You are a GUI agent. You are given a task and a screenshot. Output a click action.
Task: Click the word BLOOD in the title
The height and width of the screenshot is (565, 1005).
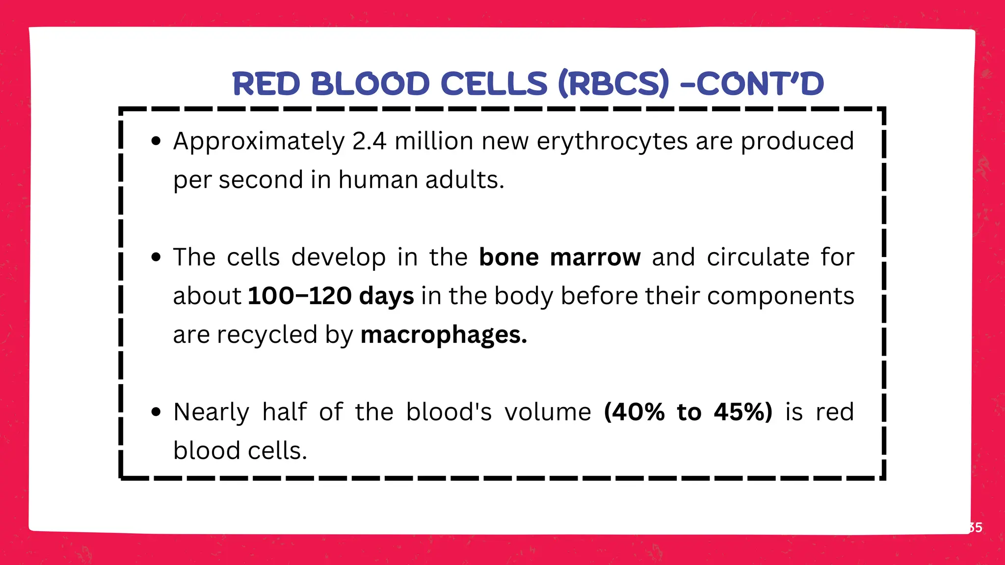(x=370, y=83)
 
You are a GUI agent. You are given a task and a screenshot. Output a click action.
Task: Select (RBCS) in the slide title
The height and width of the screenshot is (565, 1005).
(x=613, y=83)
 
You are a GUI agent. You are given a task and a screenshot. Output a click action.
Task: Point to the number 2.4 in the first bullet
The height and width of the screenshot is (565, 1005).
(x=369, y=141)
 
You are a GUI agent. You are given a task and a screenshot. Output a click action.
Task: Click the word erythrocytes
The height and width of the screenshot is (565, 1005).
(x=612, y=142)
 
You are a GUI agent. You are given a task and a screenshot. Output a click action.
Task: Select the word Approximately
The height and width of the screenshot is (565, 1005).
(x=259, y=142)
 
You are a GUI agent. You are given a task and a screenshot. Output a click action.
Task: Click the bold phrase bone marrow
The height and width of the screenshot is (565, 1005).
(x=559, y=257)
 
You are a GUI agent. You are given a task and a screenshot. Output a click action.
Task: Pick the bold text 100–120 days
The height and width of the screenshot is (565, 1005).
(x=331, y=296)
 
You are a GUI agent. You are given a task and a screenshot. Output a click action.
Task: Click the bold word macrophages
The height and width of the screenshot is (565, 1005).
(x=443, y=335)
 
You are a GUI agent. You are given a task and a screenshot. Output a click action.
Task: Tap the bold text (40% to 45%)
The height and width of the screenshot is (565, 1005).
(x=688, y=412)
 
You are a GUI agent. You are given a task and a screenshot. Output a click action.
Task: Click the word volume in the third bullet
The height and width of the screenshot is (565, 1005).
(x=548, y=412)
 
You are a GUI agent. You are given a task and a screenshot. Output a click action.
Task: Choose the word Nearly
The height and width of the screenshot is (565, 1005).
(x=211, y=413)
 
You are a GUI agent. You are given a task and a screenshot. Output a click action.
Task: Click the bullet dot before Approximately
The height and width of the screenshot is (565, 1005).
(x=156, y=142)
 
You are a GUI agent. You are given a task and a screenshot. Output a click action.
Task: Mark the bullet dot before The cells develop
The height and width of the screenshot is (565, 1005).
(x=156, y=257)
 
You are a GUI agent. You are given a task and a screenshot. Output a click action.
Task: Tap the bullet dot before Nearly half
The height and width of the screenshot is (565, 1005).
(x=156, y=412)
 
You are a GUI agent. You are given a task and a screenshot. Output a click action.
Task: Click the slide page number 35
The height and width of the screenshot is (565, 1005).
(x=976, y=528)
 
